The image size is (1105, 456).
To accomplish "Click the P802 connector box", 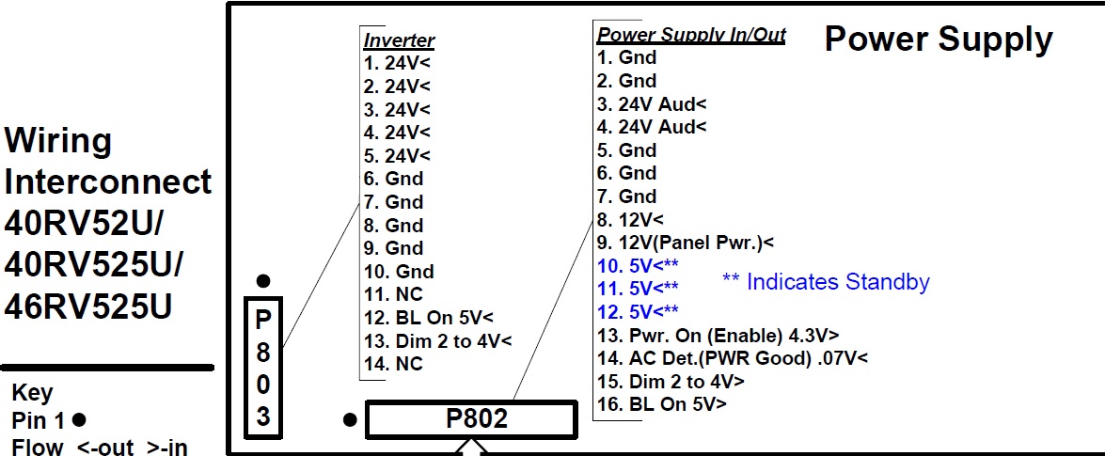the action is tap(471, 419).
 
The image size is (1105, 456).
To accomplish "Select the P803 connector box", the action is tap(263, 368).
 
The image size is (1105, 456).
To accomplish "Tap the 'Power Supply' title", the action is tap(938, 40).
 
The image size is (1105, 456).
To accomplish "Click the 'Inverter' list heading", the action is tap(399, 40).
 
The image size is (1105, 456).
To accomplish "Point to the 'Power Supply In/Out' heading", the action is tap(691, 34).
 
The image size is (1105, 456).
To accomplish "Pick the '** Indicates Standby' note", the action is tap(826, 282).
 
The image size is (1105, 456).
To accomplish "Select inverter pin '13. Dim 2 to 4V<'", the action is tap(437, 341).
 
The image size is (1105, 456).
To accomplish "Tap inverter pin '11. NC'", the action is tap(394, 294).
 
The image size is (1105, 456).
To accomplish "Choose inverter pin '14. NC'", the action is tap(394, 365).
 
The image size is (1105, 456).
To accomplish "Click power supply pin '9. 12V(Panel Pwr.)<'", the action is tap(686, 243).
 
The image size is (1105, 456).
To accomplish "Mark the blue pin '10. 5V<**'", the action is tap(638, 266).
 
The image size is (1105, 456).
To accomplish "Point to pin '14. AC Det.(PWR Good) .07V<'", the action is tap(733, 358).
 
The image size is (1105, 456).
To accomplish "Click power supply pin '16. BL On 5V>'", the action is tap(662, 404).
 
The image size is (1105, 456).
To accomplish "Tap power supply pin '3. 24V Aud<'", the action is tap(652, 104).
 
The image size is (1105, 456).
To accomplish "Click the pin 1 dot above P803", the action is tap(263, 282).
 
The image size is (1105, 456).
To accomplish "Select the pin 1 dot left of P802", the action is tap(350, 421).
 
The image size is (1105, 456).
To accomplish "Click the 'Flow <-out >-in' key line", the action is tap(100, 447).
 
